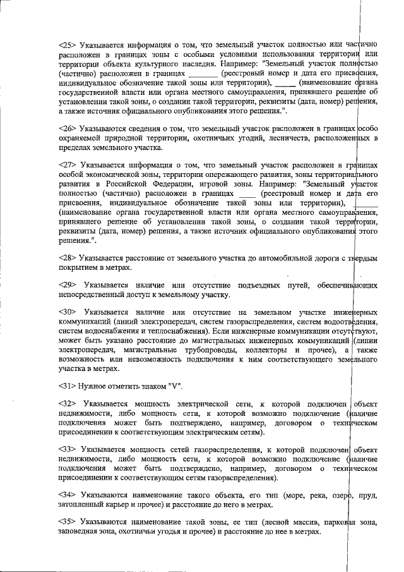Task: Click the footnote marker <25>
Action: click(x=67, y=46)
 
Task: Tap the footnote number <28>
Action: click(x=67, y=259)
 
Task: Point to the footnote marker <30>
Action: click(x=67, y=312)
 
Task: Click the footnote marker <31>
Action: click(x=67, y=386)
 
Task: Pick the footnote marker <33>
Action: click(x=67, y=449)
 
